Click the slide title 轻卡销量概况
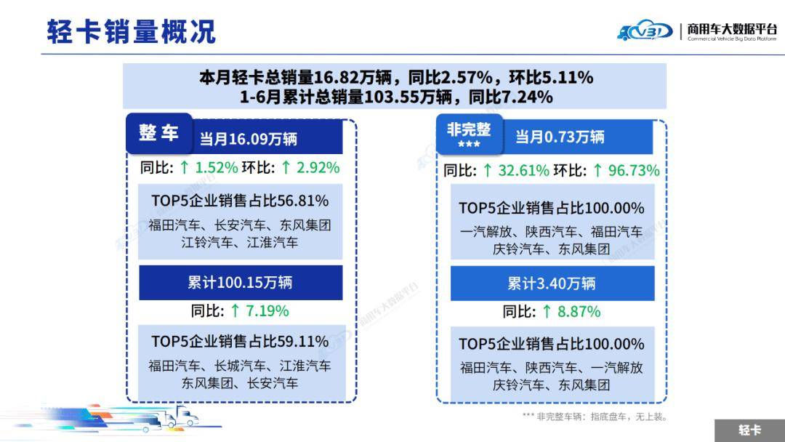coord(131,32)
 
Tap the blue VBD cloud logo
coord(645,31)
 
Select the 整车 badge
coord(158,133)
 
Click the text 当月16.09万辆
coord(249,138)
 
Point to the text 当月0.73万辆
coord(560,137)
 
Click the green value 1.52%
coord(217,167)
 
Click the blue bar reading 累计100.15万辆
coord(240,282)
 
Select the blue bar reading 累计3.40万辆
coord(552,284)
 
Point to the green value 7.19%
coord(267,311)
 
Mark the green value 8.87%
coord(579,312)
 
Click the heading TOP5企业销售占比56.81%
coord(240,201)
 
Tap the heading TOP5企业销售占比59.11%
coord(240,341)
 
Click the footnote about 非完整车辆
coord(594,417)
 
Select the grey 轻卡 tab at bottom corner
coord(749,430)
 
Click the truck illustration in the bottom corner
coord(174,419)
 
